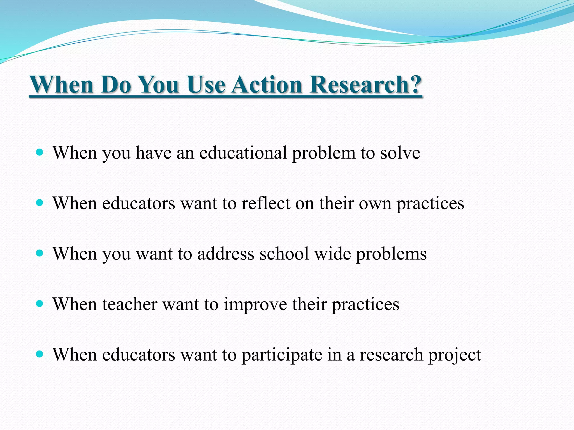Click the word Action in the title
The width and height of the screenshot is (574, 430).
coord(266,85)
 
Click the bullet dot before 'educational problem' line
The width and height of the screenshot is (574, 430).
coord(40,153)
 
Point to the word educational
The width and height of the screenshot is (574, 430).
coord(243,153)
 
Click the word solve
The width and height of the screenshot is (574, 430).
coord(400,153)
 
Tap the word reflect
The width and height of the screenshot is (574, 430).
coord(266,204)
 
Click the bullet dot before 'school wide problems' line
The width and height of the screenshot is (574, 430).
coord(40,253)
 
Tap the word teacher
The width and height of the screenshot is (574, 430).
coord(129,304)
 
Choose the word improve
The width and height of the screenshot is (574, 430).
coord(255,305)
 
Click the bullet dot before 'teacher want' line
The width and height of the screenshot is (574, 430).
coord(40,304)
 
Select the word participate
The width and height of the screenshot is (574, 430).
coord(282,355)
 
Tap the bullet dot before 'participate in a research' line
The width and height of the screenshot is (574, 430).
coord(40,354)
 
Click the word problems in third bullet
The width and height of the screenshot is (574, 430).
coord(391,254)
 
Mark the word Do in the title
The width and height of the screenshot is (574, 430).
coord(116,85)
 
